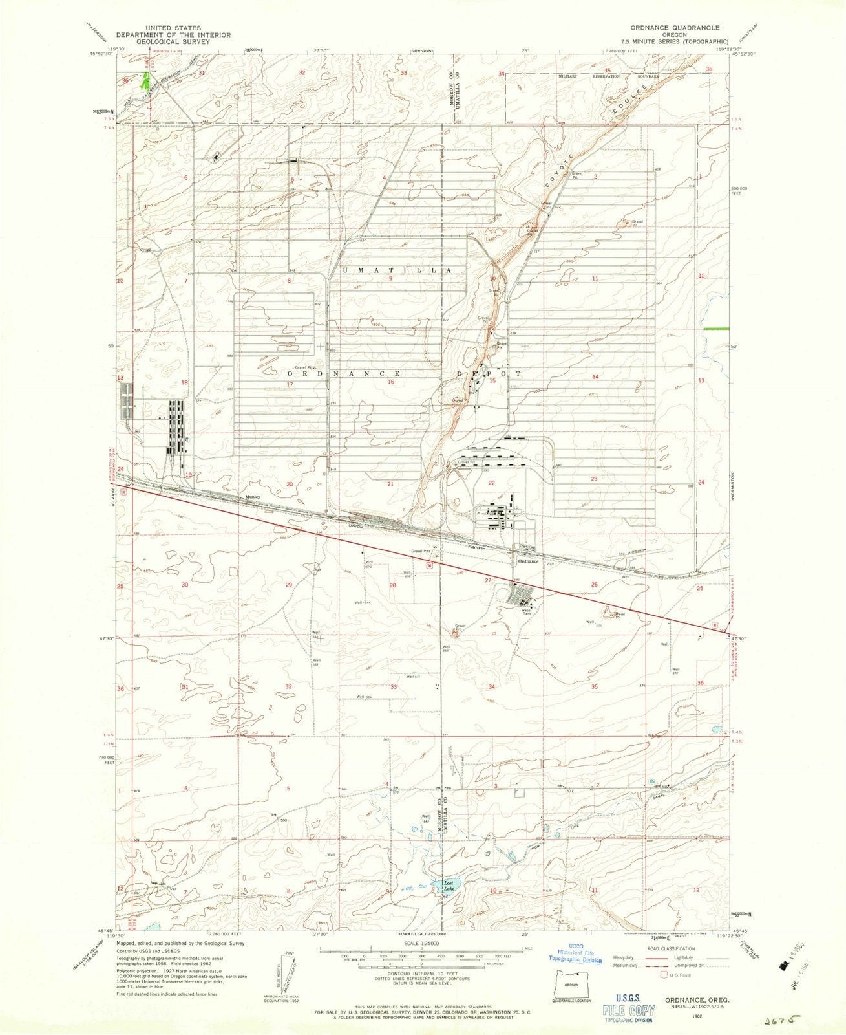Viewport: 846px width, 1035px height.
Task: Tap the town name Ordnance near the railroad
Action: click(527, 561)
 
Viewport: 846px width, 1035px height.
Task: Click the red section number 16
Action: click(391, 382)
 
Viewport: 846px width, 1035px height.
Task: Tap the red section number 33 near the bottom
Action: click(394, 686)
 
